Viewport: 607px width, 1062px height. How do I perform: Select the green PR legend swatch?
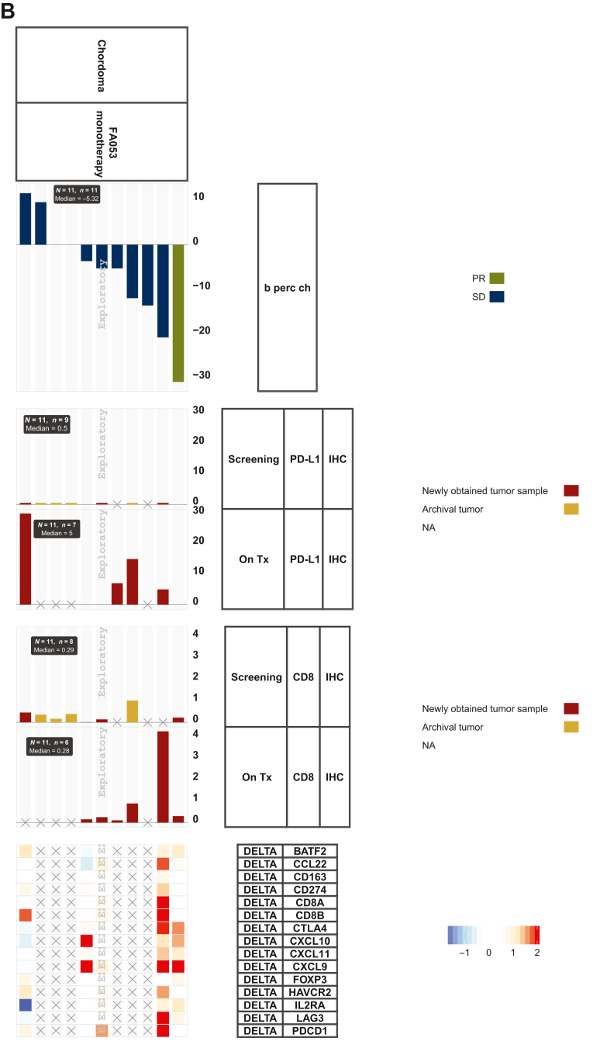[497, 278]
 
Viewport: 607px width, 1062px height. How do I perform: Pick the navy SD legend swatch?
[497, 296]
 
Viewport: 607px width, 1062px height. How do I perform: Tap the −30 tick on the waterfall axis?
[202, 375]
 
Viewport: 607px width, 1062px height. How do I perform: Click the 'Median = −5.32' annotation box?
[76, 194]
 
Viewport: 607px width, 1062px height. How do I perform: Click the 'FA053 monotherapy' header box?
[102, 141]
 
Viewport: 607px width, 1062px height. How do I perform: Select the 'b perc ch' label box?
[287, 287]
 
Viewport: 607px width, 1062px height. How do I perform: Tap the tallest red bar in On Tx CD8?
[163, 777]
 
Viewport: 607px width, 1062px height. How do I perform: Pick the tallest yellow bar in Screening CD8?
[133, 711]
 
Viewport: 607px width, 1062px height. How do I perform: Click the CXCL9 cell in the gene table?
[309, 967]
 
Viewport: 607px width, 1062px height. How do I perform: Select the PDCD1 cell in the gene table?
[309, 1031]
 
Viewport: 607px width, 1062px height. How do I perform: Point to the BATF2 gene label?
[309, 851]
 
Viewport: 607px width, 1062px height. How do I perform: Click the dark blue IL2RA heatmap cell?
[25, 1005]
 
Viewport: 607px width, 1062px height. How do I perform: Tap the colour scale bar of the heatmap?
[493, 935]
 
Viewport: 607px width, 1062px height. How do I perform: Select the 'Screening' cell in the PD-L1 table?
[253, 459]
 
